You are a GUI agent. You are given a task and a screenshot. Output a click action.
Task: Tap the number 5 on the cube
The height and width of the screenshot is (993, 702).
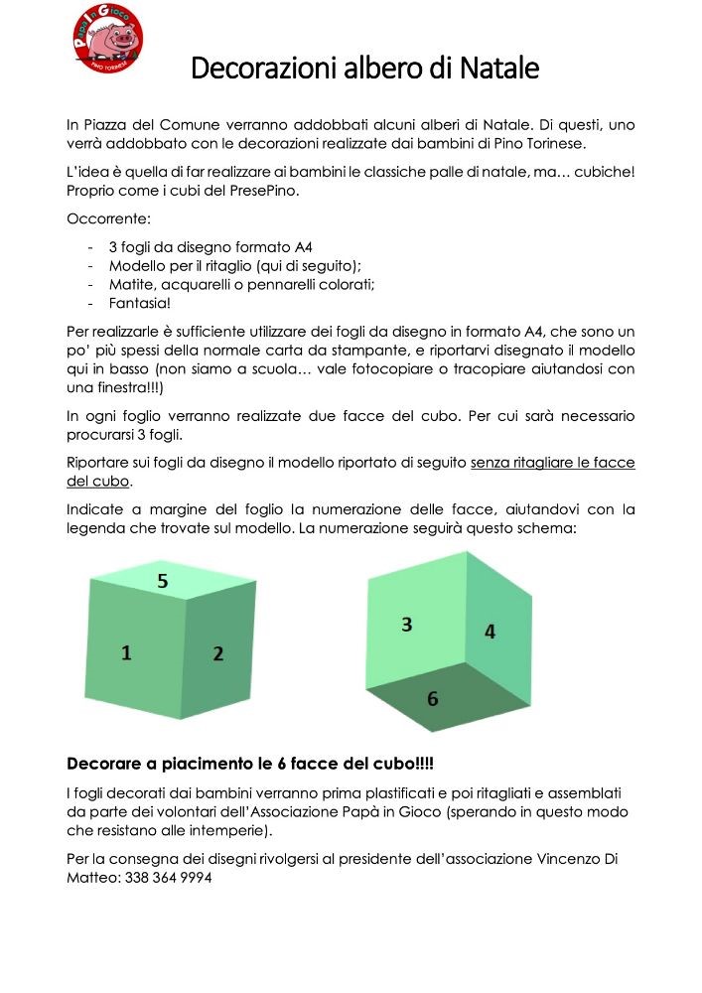(163, 582)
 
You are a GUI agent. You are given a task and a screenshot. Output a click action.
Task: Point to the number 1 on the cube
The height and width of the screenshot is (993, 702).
(126, 651)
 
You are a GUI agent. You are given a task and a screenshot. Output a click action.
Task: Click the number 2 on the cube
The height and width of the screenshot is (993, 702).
(218, 653)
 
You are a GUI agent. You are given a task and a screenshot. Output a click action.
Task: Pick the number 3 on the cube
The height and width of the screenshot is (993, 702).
(407, 624)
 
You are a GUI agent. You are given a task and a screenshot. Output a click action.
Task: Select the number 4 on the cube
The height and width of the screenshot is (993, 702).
(490, 631)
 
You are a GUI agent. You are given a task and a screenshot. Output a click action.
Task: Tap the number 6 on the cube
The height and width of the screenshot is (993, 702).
(432, 698)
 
